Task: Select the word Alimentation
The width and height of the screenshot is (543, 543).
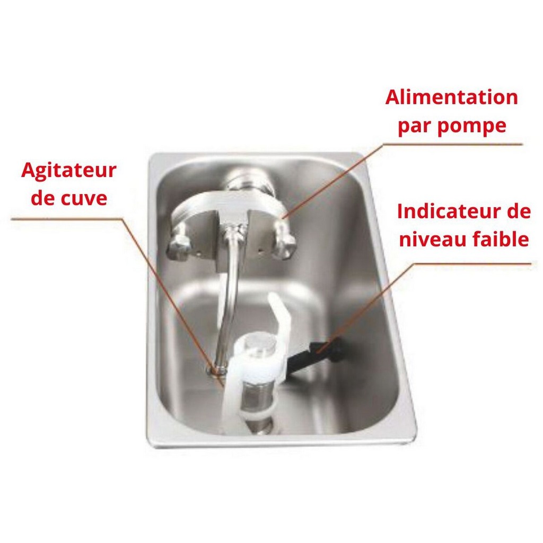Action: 451,97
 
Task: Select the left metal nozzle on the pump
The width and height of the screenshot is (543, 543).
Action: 179,241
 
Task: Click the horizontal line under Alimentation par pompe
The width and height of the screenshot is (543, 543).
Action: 452,144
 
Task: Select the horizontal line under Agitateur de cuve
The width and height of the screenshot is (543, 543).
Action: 67,218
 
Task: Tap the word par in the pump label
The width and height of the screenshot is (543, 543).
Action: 415,127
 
